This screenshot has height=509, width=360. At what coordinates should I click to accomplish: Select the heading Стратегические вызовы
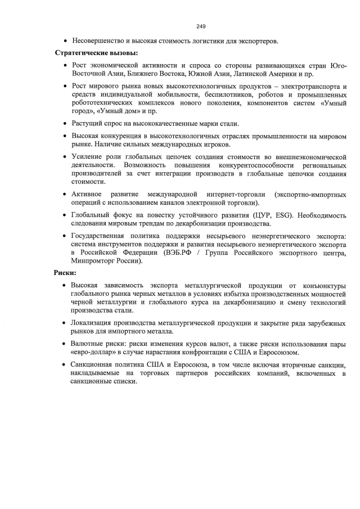click(96, 53)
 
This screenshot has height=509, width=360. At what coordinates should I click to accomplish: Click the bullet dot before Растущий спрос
click(66, 124)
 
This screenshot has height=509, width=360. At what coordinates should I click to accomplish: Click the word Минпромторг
click(93, 261)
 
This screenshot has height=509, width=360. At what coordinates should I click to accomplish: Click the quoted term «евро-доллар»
click(95, 352)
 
